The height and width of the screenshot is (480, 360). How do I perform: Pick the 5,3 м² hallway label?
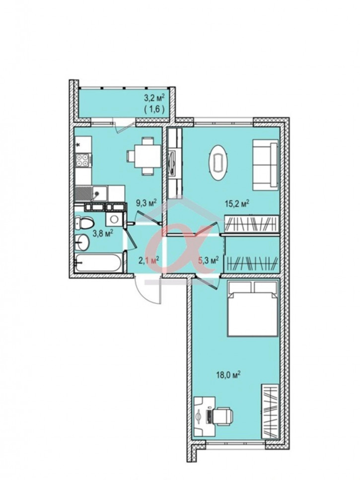click(209, 260)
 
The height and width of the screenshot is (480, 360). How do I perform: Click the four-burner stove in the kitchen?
click(83, 160)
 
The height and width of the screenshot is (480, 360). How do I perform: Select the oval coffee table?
click(218, 162)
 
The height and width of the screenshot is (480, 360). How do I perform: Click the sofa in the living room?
click(265, 165)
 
